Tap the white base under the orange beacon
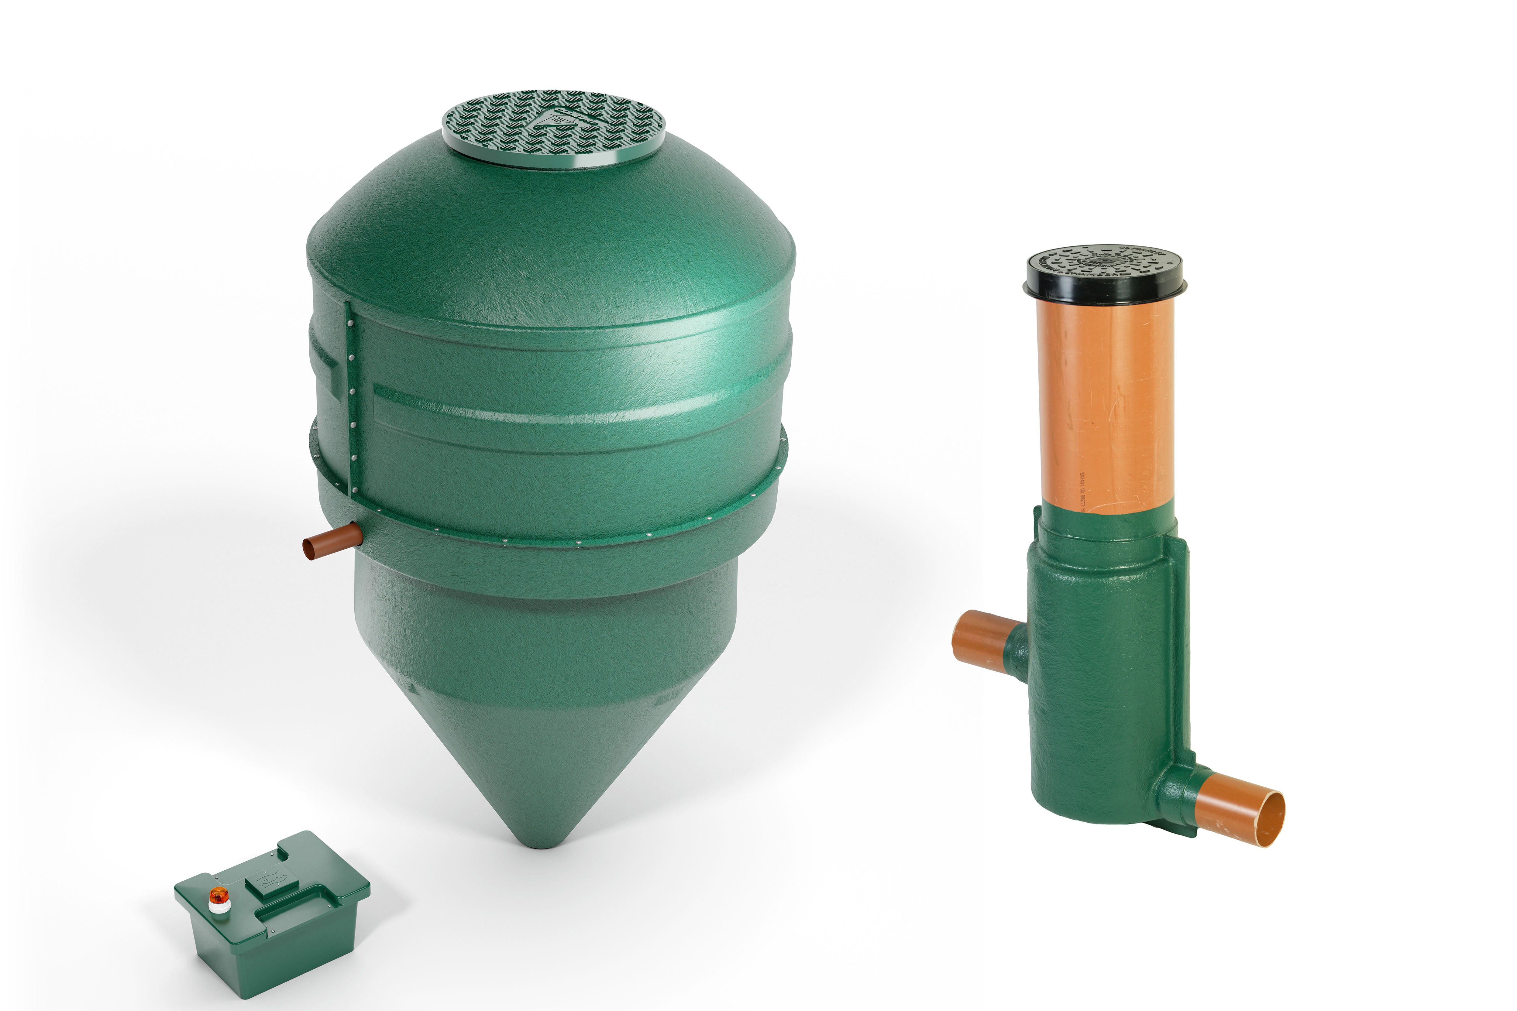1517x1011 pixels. (x=219, y=907)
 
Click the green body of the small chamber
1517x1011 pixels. (x=1096, y=677)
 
